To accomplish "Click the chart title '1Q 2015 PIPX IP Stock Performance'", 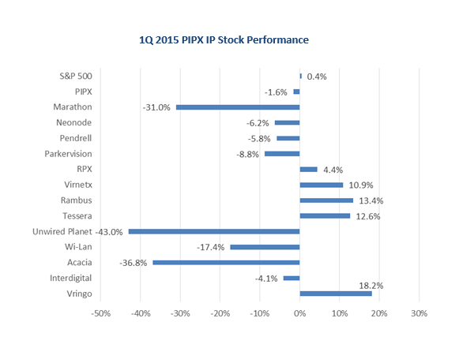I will (x=223, y=39).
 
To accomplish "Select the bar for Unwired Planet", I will (x=214, y=231).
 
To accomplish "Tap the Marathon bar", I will (x=238, y=107).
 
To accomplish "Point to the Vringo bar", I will (x=336, y=294).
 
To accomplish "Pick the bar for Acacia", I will (x=226, y=262).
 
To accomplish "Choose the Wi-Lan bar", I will (x=265, y=247).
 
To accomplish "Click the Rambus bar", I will (x=326, y=200).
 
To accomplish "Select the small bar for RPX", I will (x=309, y=169).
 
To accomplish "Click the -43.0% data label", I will (x=109, y=232).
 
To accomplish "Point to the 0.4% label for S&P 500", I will (x=317, y=77).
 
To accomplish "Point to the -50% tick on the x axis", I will (x=101, y=313).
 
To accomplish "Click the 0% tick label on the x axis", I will (x=300, y=313).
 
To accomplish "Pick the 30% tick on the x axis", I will (x=419, y=313).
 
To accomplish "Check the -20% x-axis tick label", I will (x=220, y=313).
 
